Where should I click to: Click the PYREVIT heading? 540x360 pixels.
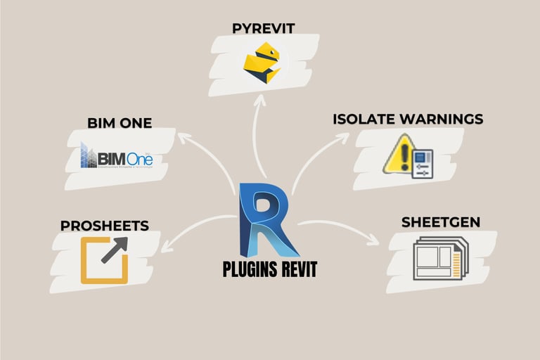264,29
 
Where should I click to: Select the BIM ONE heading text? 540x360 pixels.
120,124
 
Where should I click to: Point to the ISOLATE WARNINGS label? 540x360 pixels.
408,119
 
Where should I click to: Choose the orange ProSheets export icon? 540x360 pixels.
105,259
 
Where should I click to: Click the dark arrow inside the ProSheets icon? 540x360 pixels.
115,250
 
